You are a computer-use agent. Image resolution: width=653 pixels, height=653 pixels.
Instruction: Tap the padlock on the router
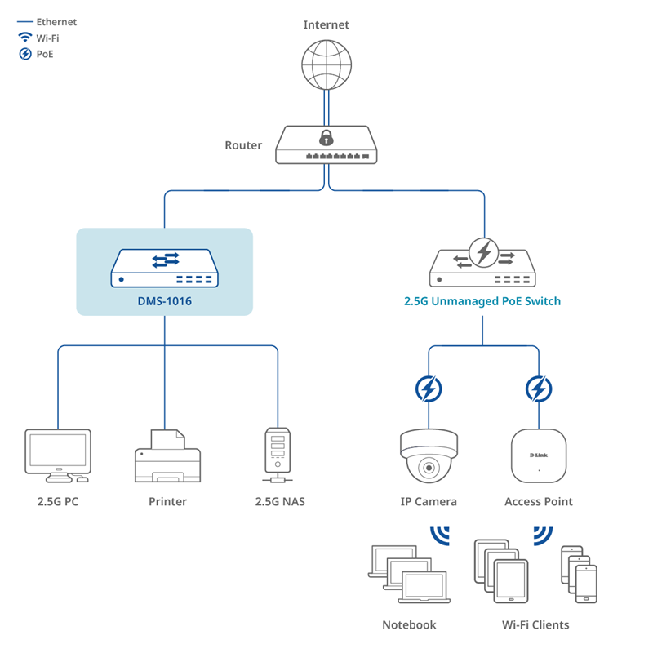click(x=326, y=135)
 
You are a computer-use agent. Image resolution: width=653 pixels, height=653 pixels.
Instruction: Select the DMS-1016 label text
click(x=164, y=301)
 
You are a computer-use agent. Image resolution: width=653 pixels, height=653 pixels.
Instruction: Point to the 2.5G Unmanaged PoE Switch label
click(x=482, y=301)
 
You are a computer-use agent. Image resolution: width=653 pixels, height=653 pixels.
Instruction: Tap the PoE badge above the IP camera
click(x=429, y=389)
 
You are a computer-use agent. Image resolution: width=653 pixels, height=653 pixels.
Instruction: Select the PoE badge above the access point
click(x=538, y=389)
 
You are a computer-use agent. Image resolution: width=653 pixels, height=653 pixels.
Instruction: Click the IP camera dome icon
click(x=429, y=456)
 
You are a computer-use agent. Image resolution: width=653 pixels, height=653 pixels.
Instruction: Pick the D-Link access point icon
click(x=539, y=455)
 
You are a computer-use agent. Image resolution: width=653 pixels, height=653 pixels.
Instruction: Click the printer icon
click(x=167, y=456)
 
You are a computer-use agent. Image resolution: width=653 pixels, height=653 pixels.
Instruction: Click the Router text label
click(x=243, y=145)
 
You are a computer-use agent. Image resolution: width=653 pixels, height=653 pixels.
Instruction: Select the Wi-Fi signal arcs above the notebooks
click(x=441, y=535)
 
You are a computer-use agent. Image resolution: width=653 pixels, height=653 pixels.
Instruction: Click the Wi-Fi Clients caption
click(x=535, y=624)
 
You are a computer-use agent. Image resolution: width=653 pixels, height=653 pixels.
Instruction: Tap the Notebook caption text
click(x=409, y=624)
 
